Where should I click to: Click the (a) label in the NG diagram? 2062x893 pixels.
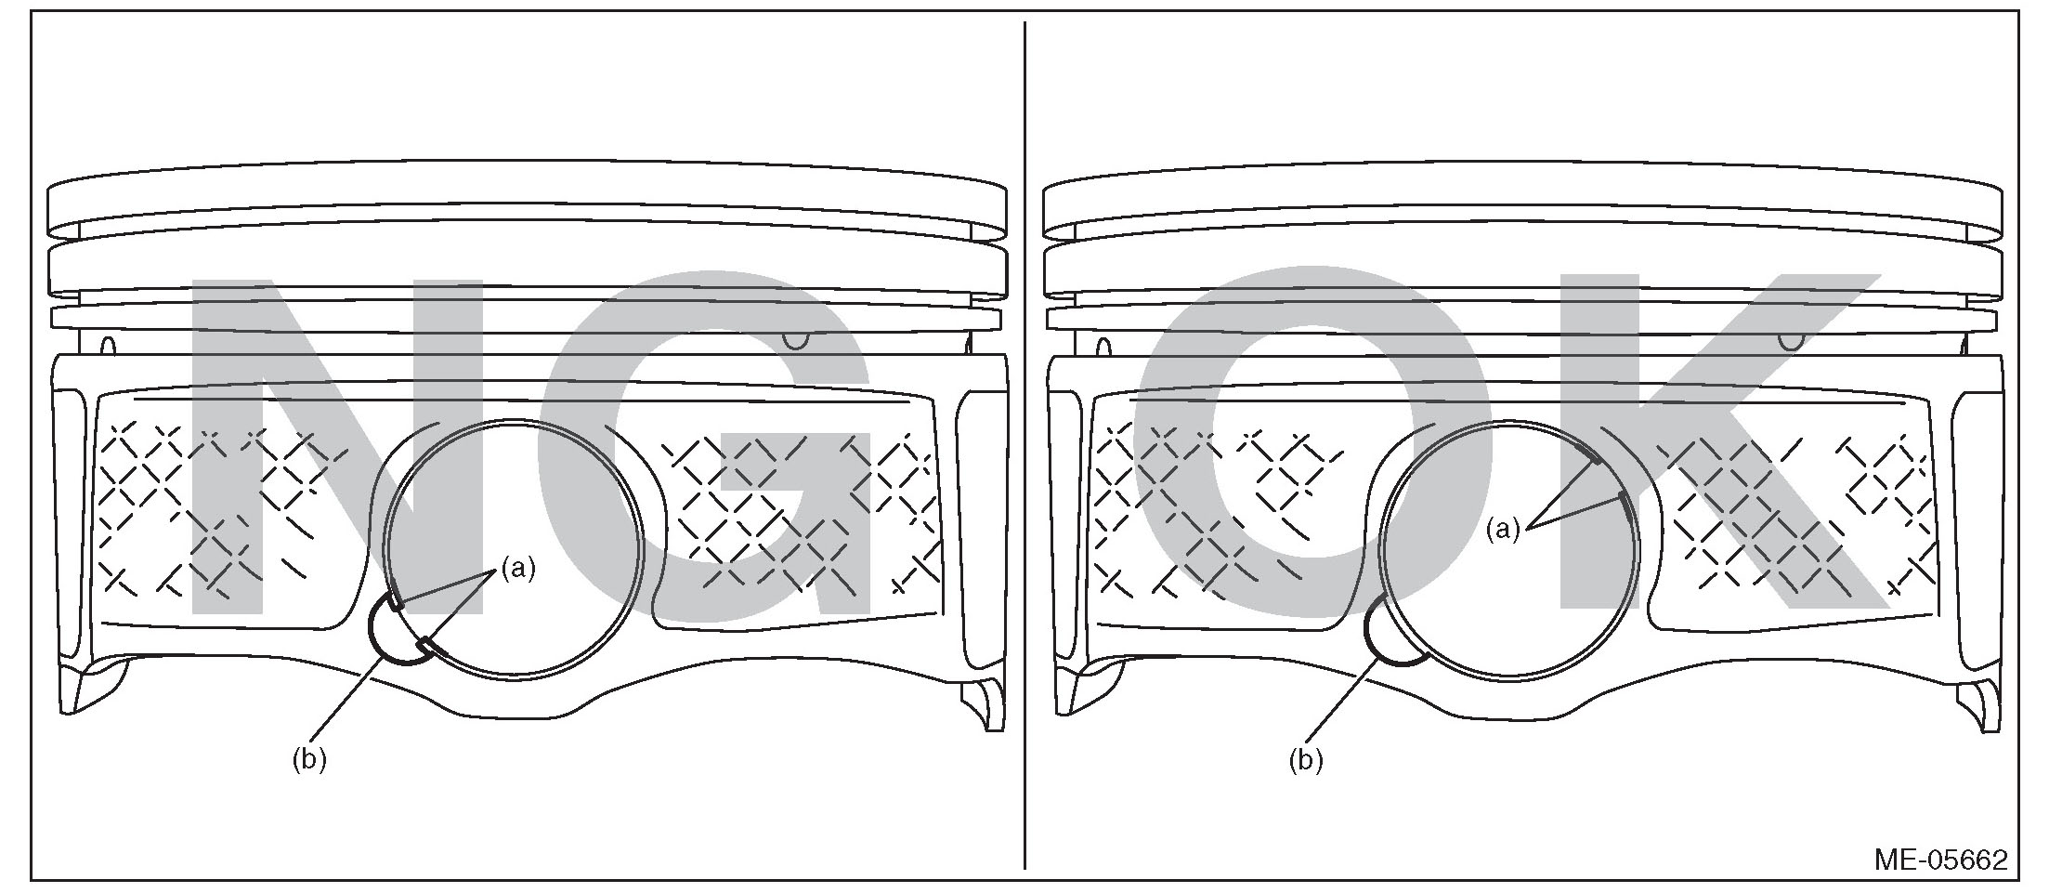point(518,569)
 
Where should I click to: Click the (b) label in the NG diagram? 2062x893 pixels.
point(309,759)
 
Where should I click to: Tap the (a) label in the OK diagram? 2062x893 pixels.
point(1503,530)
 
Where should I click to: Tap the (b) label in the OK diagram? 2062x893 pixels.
point(1305,760)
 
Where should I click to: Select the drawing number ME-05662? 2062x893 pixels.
point(1940,860)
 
